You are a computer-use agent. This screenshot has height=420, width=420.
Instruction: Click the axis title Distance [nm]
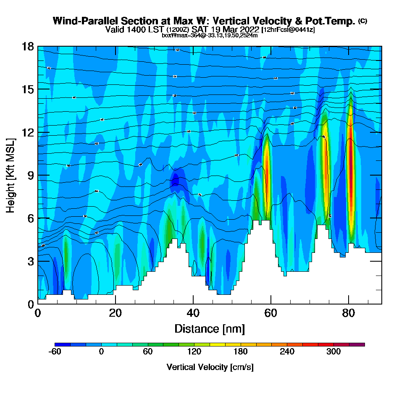(210, 328)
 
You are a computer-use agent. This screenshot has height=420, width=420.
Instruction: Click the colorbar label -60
(55, 352)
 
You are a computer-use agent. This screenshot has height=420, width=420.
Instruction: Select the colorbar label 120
(194, 352)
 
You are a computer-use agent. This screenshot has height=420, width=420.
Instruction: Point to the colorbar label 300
(333, 352)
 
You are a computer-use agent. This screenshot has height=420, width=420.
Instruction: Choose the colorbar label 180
(241, 352)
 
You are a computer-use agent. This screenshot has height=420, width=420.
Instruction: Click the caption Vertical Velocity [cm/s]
(210, 367)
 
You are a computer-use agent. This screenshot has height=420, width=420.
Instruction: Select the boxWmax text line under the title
(210, 35)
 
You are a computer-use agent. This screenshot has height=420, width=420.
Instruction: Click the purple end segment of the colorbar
(360, 344)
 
